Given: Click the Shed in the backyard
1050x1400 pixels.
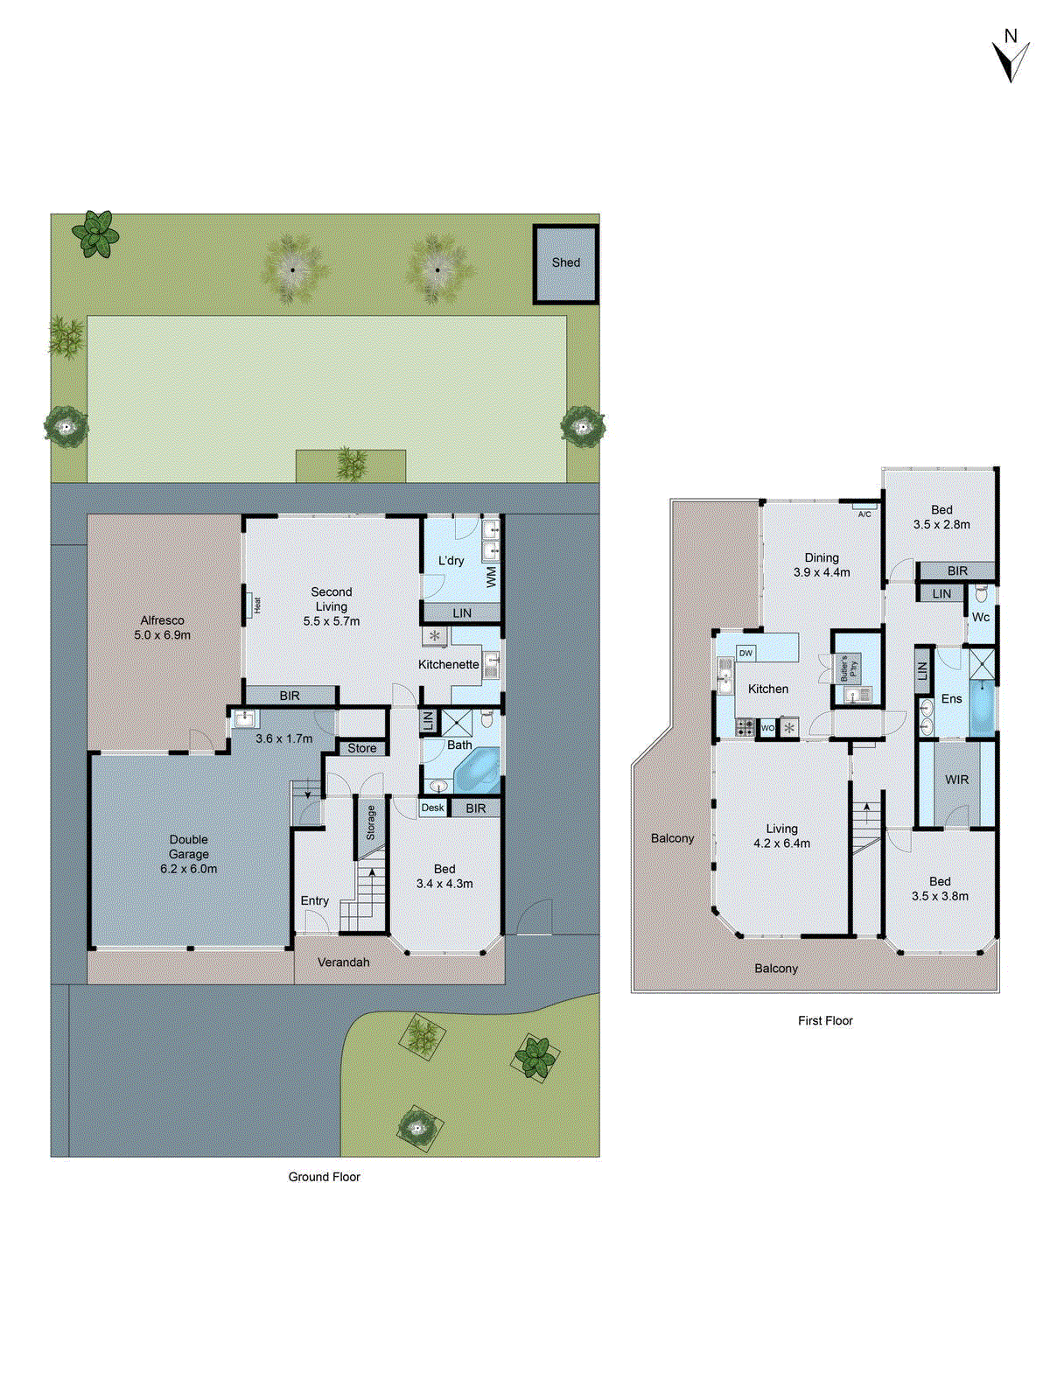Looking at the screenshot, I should pyautogui.click(x=566, y=263).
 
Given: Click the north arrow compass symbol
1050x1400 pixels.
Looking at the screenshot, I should pyautogui.click(x=1011, y=57).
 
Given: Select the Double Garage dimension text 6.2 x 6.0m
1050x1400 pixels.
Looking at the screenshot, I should pyautogui.click(x=188, y=869).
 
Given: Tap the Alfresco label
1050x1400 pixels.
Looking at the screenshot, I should pyautogui.click(x=162, y=620).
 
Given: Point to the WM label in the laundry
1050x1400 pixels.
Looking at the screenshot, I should pyautogui.click(x=491, y=577).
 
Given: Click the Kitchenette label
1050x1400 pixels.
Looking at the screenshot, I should pyautogui.click(x=448, y=665).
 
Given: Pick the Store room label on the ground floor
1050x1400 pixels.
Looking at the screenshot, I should pyautogui.click(x=361, y=748).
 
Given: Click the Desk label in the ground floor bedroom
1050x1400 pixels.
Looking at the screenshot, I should pyautogui.click(x=432, y=808).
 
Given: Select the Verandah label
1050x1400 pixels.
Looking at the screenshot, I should pyautogui.click(x=343, y=962).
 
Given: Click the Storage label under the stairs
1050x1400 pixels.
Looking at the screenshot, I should pyautogui.click(x=371, y=823).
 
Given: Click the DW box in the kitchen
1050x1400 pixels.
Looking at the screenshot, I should pyautogui.click(x=745, y=654).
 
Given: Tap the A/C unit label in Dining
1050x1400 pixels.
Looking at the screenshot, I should pyautogui.click(x=864, y=514).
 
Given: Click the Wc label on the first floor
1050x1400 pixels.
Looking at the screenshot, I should pyautogui.click(x=981, y=618).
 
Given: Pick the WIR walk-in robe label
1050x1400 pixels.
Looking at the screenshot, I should pyautogui.click(x=956, y=780).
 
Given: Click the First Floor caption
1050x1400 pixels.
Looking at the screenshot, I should pyautogui.click(x=825, y=1021).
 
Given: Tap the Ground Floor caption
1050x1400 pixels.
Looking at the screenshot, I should pyautogui.click(x=324, y=1178).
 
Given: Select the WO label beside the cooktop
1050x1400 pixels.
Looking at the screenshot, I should pyautogui.click(x=767, y=728).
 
